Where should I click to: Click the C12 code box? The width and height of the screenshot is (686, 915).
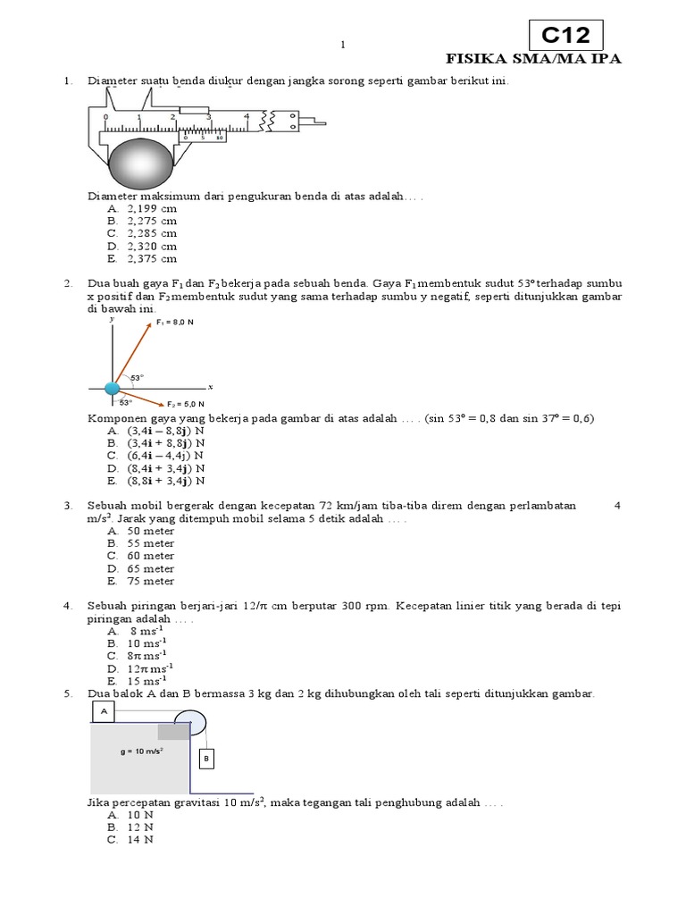pos(566,36)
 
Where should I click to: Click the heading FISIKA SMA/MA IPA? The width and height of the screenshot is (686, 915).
pos(533,59)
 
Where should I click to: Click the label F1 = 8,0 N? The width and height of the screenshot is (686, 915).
pos(175,322)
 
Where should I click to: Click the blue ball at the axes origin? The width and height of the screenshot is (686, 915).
pos(113,388)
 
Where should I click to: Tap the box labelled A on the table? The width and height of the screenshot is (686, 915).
pos(105,711)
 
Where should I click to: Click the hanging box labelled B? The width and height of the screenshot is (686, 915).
pos(205,759)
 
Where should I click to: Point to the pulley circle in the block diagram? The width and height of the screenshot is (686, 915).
pos(189,722)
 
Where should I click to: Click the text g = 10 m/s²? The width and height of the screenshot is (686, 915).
pos(141,751)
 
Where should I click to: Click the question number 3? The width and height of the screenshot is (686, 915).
pos(67,505)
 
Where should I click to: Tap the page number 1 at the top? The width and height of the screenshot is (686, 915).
pos(342,45)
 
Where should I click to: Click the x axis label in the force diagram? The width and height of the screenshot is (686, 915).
pos(210,387)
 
